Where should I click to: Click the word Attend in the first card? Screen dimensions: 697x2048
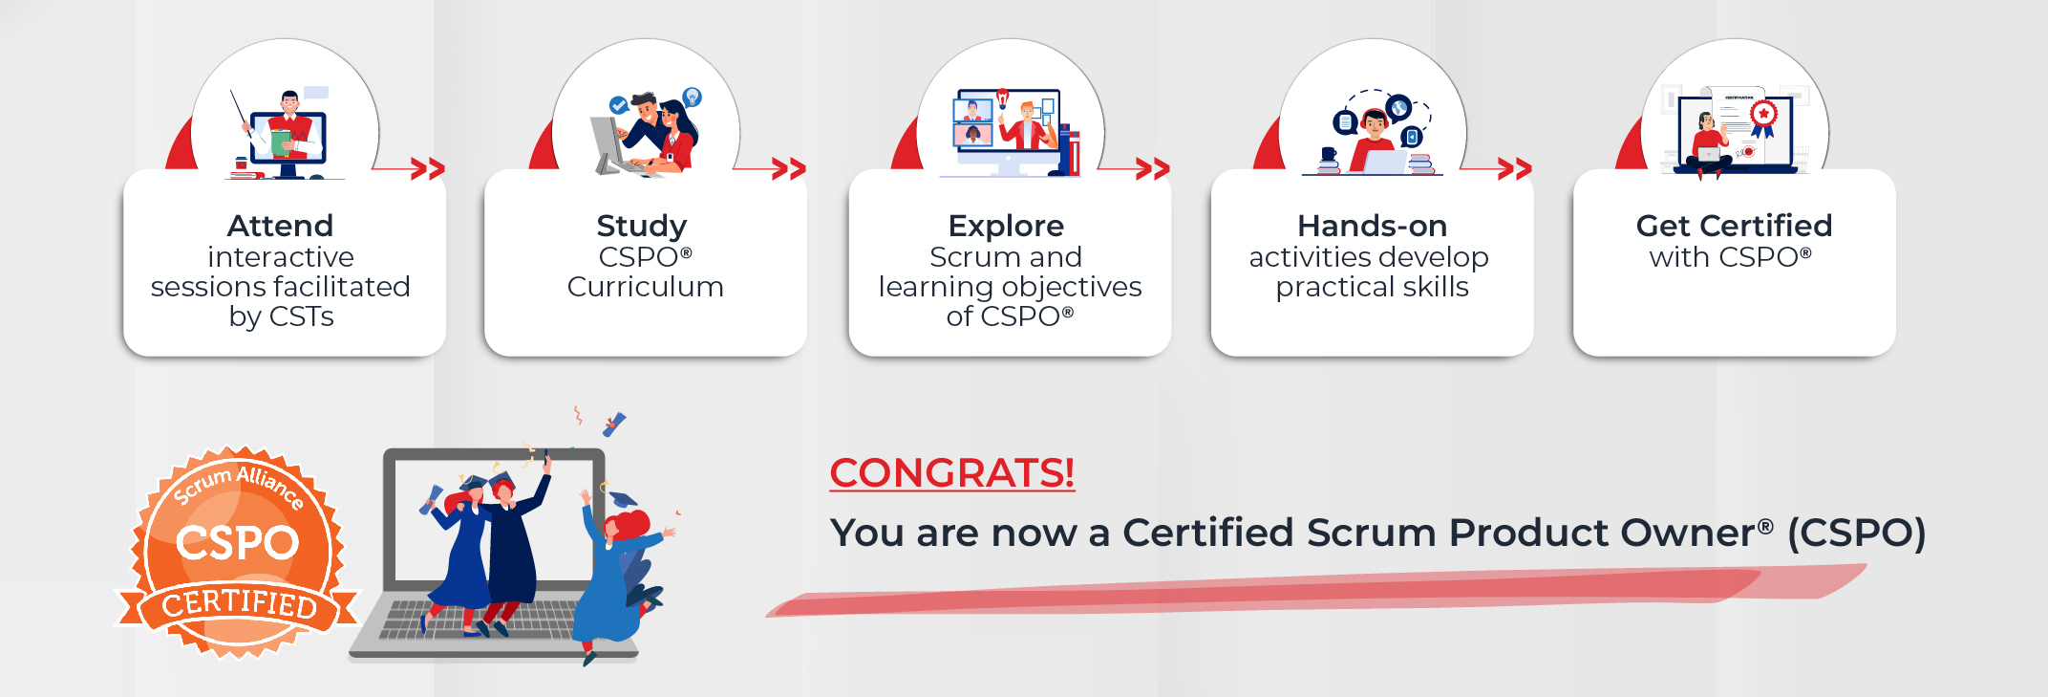coord(280,227)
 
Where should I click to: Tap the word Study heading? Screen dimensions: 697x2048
coord(641,227)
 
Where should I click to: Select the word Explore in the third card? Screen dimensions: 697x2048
coord(1006,227)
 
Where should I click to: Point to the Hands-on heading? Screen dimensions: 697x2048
coord(1372,227)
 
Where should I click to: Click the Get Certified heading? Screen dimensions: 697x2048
coord(1734,227)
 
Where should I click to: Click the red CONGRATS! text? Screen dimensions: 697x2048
coord(951,473)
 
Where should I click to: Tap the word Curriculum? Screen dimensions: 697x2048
coord(645,287)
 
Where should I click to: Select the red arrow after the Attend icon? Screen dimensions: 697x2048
coord(427,169)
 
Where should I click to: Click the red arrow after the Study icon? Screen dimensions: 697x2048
coord(788,169)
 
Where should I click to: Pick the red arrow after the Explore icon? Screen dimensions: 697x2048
coord(1152,169)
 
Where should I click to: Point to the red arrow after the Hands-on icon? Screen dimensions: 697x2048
coord(1514,169)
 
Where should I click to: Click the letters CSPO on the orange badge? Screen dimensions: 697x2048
coord(237,543)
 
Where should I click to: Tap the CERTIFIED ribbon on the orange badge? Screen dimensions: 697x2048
coord(239,604)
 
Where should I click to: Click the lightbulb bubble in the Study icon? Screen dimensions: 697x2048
coord(693,97)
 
